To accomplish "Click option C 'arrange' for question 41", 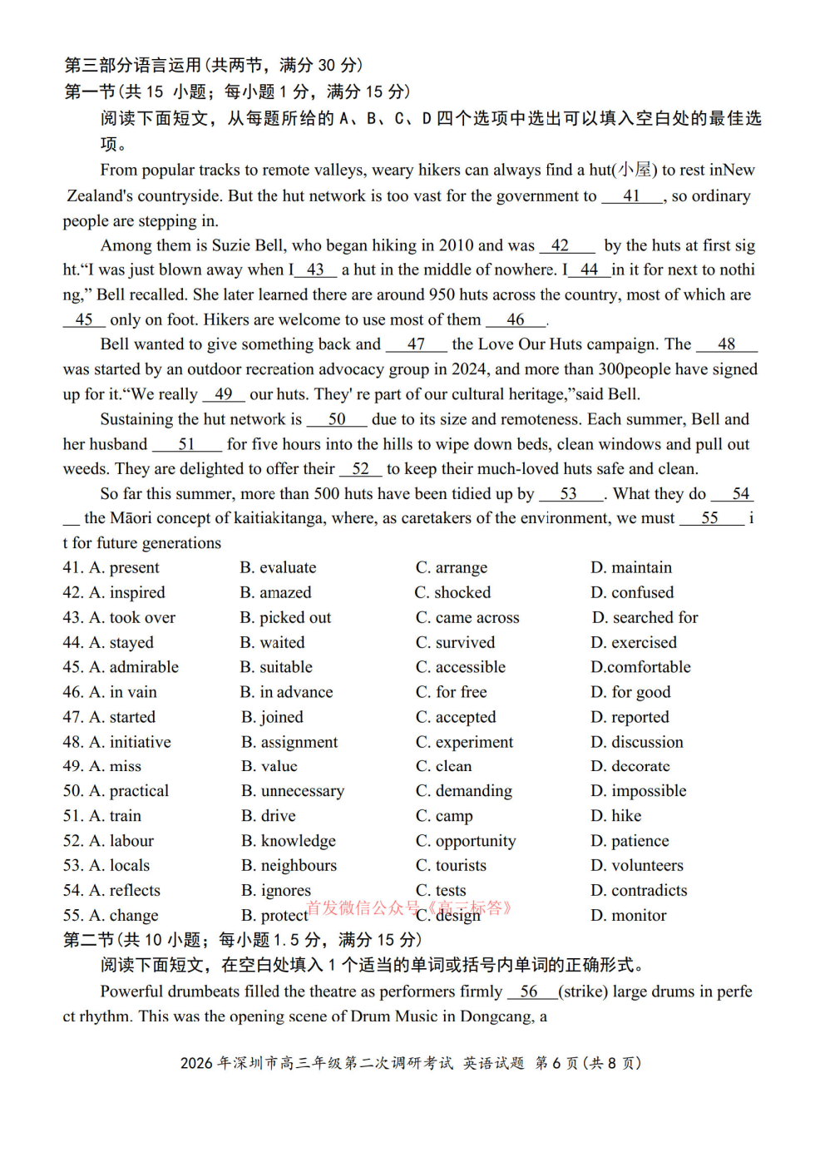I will (461, 568).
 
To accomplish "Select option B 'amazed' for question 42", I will (285, 593).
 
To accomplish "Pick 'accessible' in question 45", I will (470, 667).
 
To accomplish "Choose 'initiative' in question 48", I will (140, 742).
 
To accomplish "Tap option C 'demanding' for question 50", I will (473, 791).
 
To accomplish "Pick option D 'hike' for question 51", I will (626, 816).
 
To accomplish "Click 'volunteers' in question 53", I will (647, 866).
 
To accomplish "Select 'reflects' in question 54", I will (135, 891).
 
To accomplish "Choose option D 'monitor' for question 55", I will (639, 916).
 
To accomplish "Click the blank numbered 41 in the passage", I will (632, 196).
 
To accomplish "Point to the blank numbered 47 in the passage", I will (417, 344).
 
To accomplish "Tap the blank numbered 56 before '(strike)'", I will (530, 991).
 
